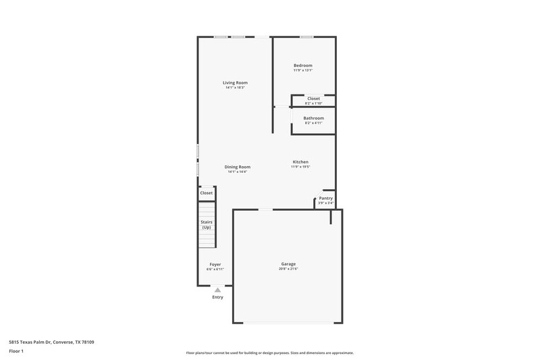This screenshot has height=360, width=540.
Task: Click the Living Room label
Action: [x=235, y=82]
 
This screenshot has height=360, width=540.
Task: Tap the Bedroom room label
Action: [x=302, y=66]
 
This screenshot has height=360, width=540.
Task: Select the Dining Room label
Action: [x=238, y=167]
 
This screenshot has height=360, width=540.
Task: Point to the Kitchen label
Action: [x=300, y=161]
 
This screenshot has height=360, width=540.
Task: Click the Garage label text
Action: [x=288, y=264]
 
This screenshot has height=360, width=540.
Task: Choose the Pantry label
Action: [x=326, y=198]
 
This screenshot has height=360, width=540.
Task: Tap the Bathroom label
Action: [x=313, y=118]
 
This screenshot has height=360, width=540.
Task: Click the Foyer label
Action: [x=215, y=264]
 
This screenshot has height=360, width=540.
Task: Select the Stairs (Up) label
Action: [x=207, y=224]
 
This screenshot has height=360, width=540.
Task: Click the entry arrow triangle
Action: [x=217, y=290]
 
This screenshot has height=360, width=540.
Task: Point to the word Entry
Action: [x=217, y=297]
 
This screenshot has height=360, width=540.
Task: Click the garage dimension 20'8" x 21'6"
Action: [x=288, y=269]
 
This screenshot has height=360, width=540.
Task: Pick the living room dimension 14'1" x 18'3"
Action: [x=235, y=88]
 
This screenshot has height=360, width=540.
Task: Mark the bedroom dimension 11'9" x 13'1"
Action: [x=302, y=70]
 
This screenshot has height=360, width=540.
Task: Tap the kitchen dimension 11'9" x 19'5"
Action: [x=300, y=167]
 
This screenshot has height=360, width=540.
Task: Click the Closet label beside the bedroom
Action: [x=313, y=99]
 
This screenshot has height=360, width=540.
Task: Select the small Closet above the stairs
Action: [x=206, y=193]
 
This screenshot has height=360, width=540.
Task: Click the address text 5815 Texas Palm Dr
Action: [x=51, y=342]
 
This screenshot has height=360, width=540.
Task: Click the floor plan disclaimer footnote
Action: [x=269, y=353]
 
